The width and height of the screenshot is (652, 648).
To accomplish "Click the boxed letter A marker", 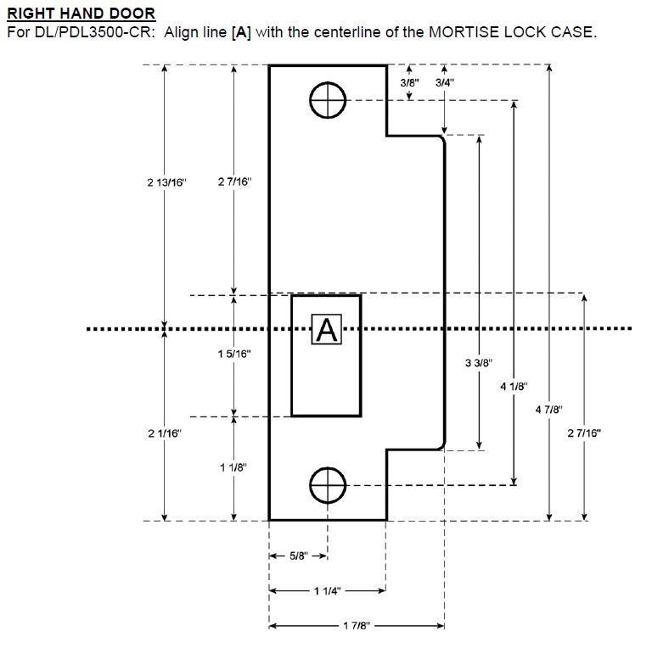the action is click(x=326, y=329).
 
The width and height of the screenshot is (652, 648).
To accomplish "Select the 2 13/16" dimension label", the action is click(x=166, y=182).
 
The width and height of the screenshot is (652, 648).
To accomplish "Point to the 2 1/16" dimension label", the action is click(x=165, y=433).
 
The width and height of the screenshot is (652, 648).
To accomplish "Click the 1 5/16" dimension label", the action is click(x=234, y=354).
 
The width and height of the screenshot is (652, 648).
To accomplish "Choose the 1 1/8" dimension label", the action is click(x=233, y=467).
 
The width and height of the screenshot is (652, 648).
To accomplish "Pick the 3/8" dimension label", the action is click(x=409, y=82).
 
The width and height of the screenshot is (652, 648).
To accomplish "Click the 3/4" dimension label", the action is click(x=445, y=82).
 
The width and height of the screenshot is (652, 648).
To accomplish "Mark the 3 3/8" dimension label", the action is click(x=479, y=363).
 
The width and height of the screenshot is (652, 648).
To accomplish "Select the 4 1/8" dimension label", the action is click(x=514, y=386).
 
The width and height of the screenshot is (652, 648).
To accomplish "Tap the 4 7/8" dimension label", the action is click(x=549, y=410).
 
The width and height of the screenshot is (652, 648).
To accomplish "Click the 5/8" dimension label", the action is click(x=299, y=556).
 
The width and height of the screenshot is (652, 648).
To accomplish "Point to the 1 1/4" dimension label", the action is click(x=327, y=590).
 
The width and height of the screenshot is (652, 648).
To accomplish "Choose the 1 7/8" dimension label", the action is click(x=357, y=626).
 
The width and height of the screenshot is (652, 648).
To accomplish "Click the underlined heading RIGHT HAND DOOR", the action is click(x=81, y=14).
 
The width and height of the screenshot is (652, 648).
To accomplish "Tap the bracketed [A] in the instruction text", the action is click(x=241, y=32).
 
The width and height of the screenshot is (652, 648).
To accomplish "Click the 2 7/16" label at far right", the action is click(x=584, y=433).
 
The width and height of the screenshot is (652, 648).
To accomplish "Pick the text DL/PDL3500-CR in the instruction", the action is click(x=93, y=32).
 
